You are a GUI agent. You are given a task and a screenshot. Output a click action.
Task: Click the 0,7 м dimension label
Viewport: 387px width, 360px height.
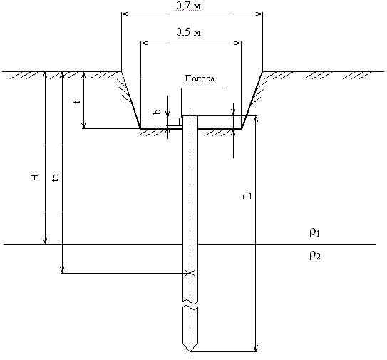[189, 6]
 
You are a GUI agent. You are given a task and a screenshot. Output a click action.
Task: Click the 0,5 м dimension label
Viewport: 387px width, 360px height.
[189, 32]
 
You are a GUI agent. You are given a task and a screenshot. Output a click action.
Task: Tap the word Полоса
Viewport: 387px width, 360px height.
[200, 78]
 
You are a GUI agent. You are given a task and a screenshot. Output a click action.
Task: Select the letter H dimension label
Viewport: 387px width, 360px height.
[35, 178]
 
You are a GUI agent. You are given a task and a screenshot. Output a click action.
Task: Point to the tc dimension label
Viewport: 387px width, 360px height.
[56, 178]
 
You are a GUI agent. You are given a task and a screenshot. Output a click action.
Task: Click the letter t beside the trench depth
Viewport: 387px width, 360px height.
[78, 101]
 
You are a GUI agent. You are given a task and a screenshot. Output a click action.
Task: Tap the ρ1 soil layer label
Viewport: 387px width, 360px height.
[315, 232]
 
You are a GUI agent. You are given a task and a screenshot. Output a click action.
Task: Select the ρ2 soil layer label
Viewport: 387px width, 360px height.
[315, 255]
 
